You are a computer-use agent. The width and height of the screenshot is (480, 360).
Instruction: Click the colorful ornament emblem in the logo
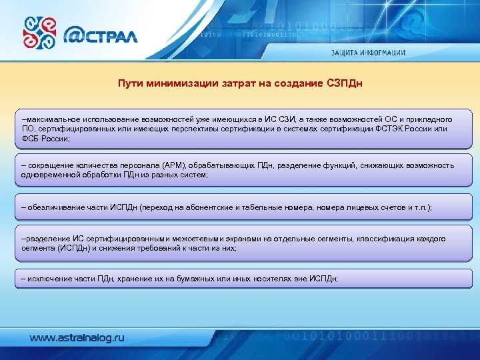pyautogui.click(x=40, y=33)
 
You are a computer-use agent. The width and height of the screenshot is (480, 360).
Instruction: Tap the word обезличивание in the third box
pyautogui.click(x=56, y=207)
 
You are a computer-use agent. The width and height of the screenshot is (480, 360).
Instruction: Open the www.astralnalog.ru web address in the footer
pyautogui.click(x=77, y=338)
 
